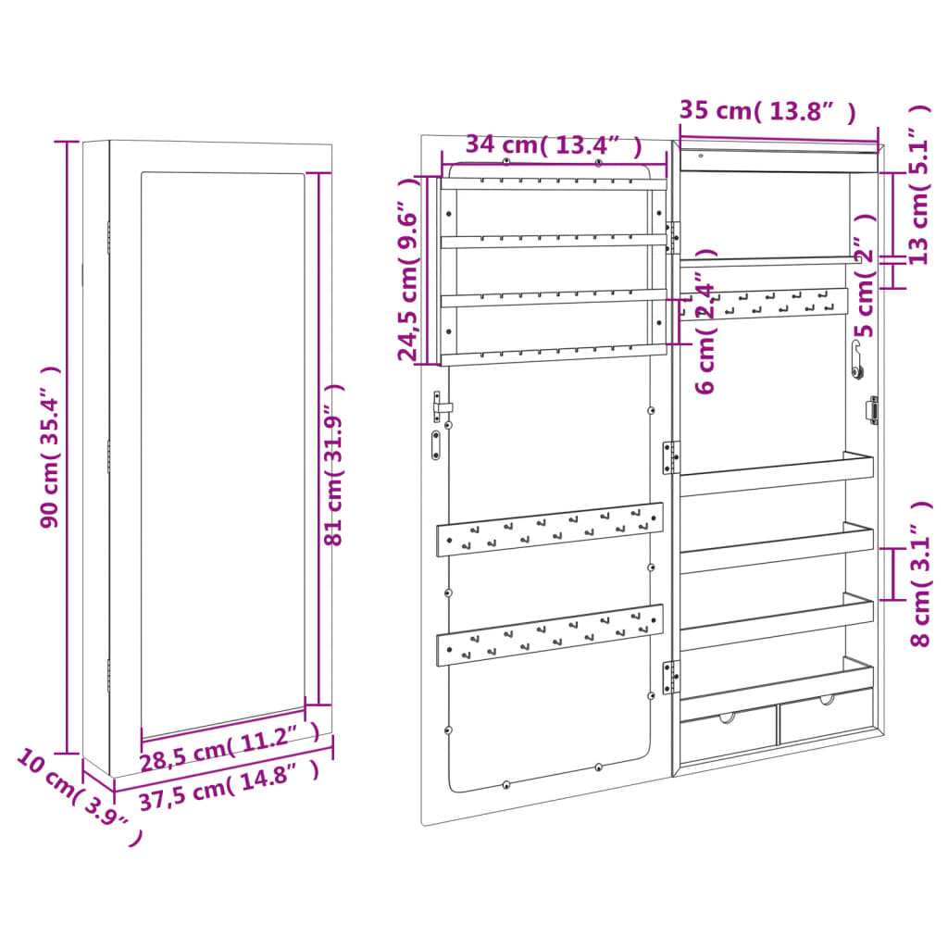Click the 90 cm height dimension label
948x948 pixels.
(x=51, y=447)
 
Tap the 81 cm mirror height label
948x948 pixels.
(x=333, y=465)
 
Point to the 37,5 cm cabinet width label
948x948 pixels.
(x=230, y=785)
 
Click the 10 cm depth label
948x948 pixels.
(x=80, y=795)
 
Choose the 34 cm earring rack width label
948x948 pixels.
(x=554, y=145)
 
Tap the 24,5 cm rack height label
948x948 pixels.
(x=408, y=269)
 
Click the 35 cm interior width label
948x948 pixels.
(x=767, y=111)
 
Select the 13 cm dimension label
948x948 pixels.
(x=919, y=184)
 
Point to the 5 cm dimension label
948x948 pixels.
(x=867, y=275)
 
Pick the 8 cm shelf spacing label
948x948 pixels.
(x=921, y=573)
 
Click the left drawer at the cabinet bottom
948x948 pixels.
(x=729, y=730)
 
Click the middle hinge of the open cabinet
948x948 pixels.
(x=670, y=457)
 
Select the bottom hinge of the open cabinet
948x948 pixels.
(x=670, y=677)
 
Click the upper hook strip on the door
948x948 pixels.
(x=550, y=530)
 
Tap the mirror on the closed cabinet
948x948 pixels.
(x=222, y=455)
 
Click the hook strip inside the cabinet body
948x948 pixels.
(x=764, y=304)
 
